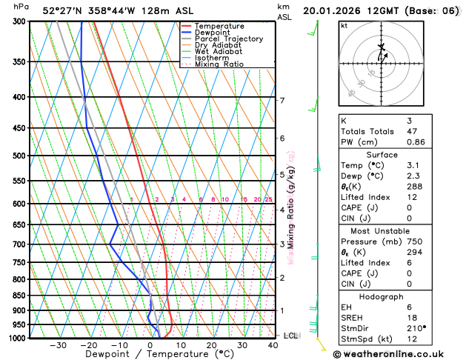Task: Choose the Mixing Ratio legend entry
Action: tap(219, 64)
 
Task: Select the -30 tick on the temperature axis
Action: tap(58, 345)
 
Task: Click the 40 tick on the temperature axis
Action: tap(273, 345)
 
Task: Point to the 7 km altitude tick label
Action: tap(282, 100)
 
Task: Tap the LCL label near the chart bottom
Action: tap(290, 336)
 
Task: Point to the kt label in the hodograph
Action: tap(344, 25)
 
